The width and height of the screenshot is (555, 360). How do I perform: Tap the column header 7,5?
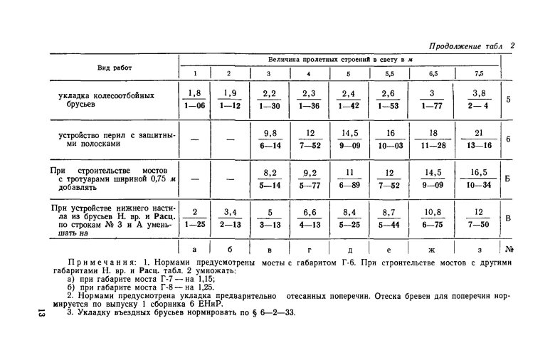pos(478,73)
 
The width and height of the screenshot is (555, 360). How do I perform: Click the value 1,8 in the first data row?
pos(194,92)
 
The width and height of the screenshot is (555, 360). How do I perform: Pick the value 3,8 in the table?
pos(478,92)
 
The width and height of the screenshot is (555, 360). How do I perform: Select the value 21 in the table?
pos(478,133)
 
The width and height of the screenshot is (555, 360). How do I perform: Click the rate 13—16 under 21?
pos(478,146)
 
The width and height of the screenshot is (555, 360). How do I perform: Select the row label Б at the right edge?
pos(508,179)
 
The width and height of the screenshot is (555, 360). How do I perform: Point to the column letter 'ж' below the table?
pos(433,249)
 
